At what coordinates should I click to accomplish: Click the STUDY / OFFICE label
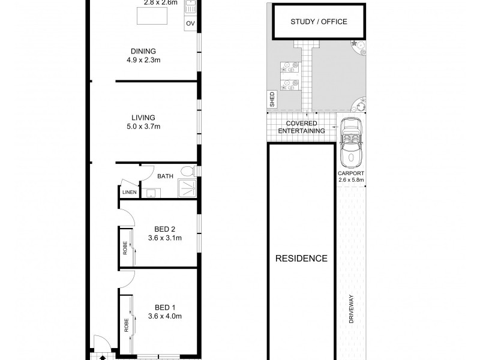[x=319, y=22]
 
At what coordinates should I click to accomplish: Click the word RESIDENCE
[x=301, y=259]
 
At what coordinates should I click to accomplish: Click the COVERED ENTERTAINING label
[x=301, y=127]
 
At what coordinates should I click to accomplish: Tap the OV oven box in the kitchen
[x=191, y=23]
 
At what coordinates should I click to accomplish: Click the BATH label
[x=165, y=176]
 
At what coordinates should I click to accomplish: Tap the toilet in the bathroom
[x=188, y=172]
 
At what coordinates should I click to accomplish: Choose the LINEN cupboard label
[x=128, y=193]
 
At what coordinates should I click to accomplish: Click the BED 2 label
[x=164, y=229]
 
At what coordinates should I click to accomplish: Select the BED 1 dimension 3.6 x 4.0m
[x=164, y=316]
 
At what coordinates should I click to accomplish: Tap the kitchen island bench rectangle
[x=151, y=17]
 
